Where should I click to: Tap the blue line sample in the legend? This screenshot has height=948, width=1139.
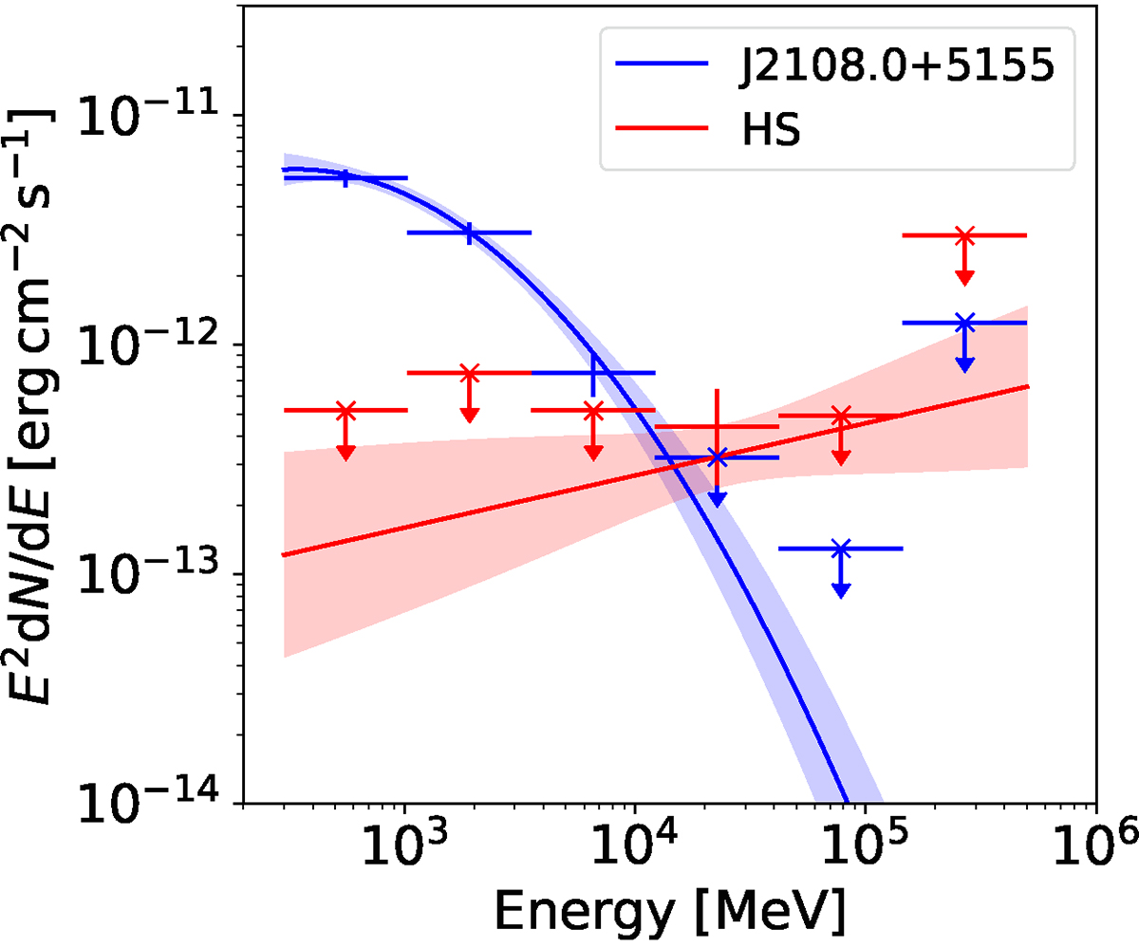663,65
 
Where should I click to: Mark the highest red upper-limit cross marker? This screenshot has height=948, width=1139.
964,235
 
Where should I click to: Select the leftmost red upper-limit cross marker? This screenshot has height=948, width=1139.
345,411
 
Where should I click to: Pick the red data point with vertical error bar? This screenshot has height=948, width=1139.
717,427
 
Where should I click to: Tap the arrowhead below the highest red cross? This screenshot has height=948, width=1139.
964,276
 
